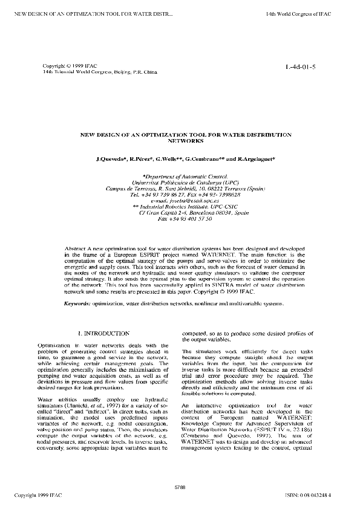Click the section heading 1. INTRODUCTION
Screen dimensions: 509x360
tap(103, 333)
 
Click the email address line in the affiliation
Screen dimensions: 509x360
tap(180, 201)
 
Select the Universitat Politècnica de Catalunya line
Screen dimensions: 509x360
tap(179, 181)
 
